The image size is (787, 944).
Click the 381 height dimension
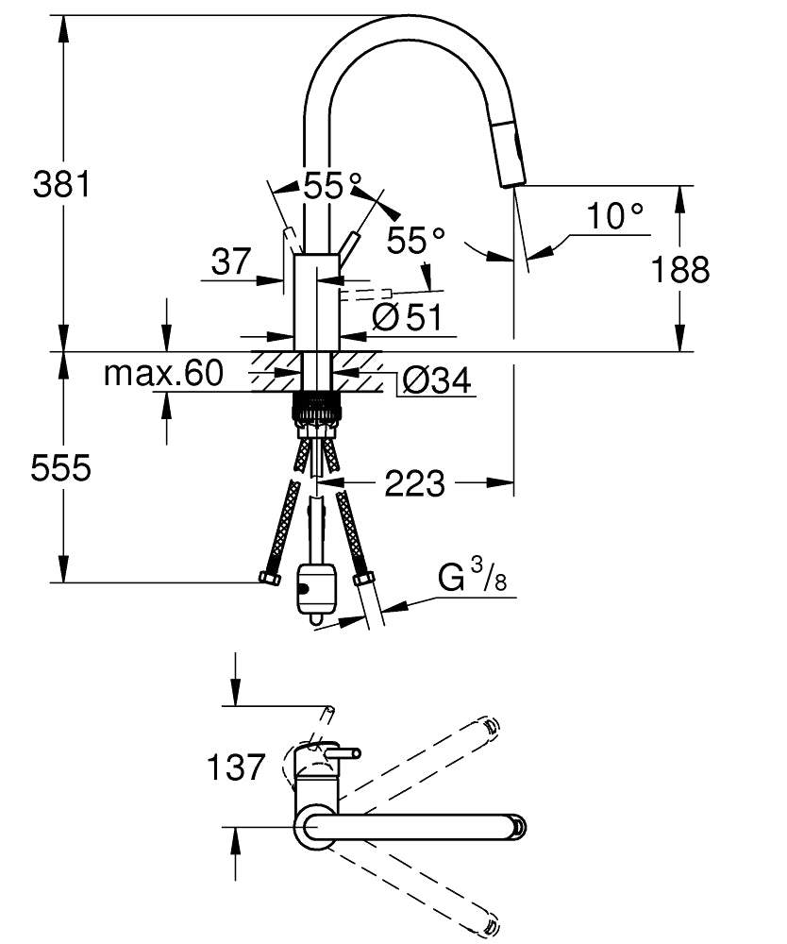point(61,184)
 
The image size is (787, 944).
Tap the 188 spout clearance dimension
point(679,270)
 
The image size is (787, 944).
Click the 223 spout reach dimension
point(415,484)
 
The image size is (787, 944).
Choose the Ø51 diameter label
point(407,319)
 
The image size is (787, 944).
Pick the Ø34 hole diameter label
point(436,380)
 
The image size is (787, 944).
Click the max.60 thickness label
point(162,375)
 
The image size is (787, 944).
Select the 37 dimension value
point(230,261)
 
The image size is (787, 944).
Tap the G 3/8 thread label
point(472,577)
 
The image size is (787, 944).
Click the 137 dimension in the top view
point(236,767)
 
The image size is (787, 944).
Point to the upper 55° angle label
point(332,186)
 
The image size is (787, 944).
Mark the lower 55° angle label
point(416,242)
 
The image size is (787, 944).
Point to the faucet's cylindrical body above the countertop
point(316,302)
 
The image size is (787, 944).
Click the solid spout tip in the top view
point(517,826)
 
